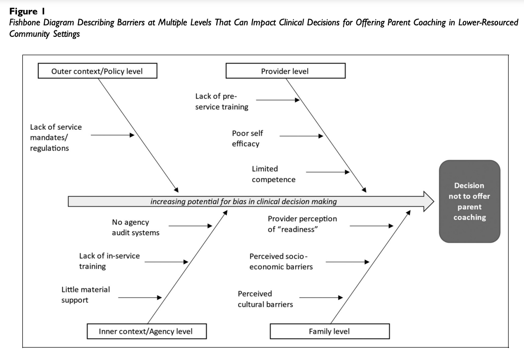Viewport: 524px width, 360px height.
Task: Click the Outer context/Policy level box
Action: coord(97,71)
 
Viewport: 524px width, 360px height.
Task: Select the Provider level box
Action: coord(285,71)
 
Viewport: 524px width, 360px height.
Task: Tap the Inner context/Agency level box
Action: coord(146,331)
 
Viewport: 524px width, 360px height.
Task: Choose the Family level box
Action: coord(329,331)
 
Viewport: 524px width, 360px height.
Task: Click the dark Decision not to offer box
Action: coord(469,201)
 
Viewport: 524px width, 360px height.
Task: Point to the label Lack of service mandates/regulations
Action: coord(56,138)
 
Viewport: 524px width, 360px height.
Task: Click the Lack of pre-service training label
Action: coord(222,101)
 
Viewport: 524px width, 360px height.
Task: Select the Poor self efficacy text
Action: coord(247,139)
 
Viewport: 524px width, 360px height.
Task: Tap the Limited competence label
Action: coord(273,174)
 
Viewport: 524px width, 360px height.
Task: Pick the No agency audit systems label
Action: coord(135,228)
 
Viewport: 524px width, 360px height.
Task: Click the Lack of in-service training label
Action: coord(109,261)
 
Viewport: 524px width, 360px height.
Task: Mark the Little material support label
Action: coord(86,294)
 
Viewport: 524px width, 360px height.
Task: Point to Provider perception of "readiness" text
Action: coord(302,224)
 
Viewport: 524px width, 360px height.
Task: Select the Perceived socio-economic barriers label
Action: coord(281,262)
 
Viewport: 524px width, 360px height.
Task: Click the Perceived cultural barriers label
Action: coord(265,299)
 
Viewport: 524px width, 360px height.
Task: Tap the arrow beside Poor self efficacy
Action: coord(301,135)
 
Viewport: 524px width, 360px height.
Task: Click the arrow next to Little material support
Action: coord(140,297)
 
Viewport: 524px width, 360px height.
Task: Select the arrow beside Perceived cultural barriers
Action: coord(321,297)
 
